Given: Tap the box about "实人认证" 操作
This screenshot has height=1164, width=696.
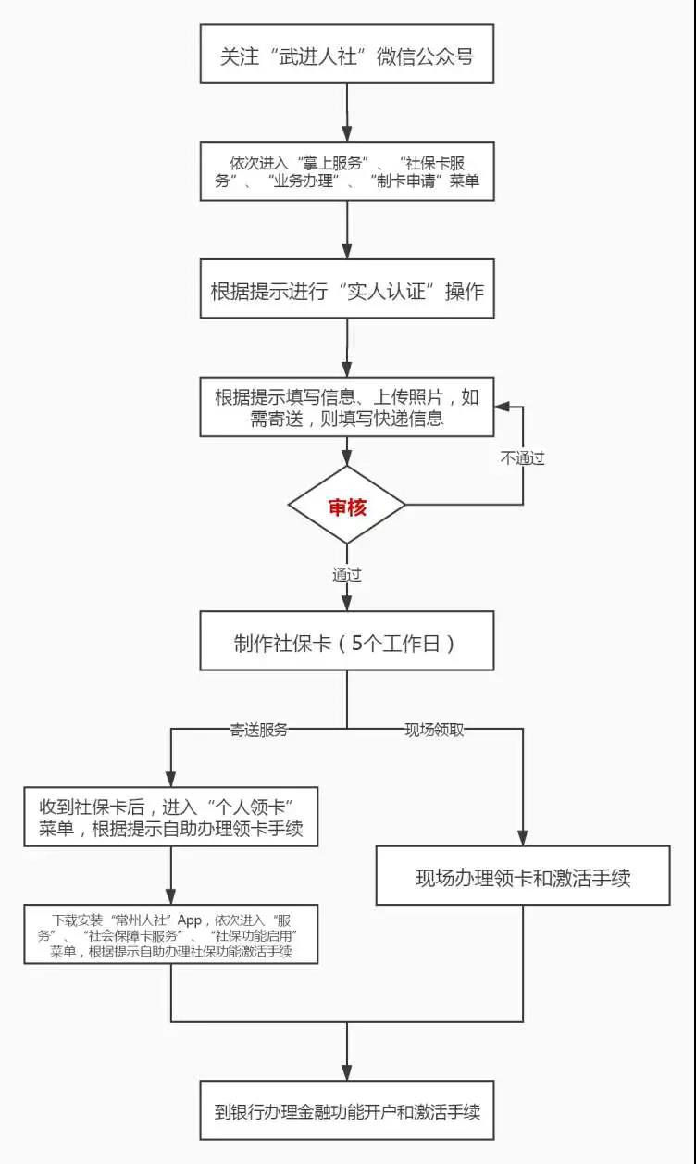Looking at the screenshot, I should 347,291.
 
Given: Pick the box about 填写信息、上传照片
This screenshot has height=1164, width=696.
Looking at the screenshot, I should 347,408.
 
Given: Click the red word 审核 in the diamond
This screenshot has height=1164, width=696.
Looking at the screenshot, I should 347,507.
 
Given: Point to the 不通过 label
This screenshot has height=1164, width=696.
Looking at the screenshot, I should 523,458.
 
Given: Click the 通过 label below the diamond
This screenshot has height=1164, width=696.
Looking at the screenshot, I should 347,574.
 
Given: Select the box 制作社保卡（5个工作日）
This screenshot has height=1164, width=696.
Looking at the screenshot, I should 347,642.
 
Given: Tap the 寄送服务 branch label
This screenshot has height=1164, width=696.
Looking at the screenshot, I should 259,729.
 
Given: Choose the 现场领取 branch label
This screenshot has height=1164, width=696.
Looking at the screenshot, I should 434,729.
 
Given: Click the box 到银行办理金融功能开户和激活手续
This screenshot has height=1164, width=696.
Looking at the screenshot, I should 347,1110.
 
